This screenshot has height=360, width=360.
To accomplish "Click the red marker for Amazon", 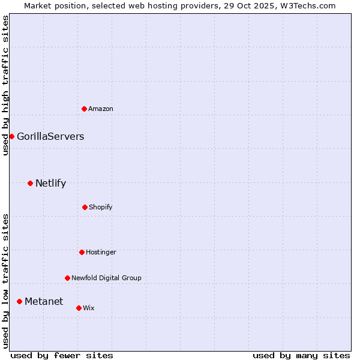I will tap(84, 109).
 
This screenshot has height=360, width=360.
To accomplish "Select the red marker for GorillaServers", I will tap(11, 136).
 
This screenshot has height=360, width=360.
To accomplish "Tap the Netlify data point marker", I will tap(30, 183).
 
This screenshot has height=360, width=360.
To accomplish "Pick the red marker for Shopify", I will tap(85, 207).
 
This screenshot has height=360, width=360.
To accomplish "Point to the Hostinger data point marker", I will tap(82, 252).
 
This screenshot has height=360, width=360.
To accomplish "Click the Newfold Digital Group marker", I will tap(67, 278).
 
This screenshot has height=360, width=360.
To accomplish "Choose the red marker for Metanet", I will tap(19, 301).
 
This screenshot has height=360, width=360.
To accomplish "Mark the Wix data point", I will tap(79, 308).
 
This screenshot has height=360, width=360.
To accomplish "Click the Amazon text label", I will tap(101, 109).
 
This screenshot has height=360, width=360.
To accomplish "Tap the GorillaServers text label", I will tap(50, 136).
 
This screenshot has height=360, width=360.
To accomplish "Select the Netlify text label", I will tap(50, 183).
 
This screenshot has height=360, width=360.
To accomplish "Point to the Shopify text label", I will tap(101, 207).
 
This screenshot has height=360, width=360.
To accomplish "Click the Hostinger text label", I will tap(101, 252).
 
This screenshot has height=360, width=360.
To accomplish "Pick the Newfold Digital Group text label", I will tap(106, 278).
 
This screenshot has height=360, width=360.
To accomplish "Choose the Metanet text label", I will tap(44, 301).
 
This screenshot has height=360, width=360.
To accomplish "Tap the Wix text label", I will tap(89, 308).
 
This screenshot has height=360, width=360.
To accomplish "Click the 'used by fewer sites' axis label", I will tap(61, 355).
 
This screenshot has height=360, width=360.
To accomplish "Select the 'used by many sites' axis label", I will tap(301, 355).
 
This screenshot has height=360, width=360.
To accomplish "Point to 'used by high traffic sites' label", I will tap(5, 85).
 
